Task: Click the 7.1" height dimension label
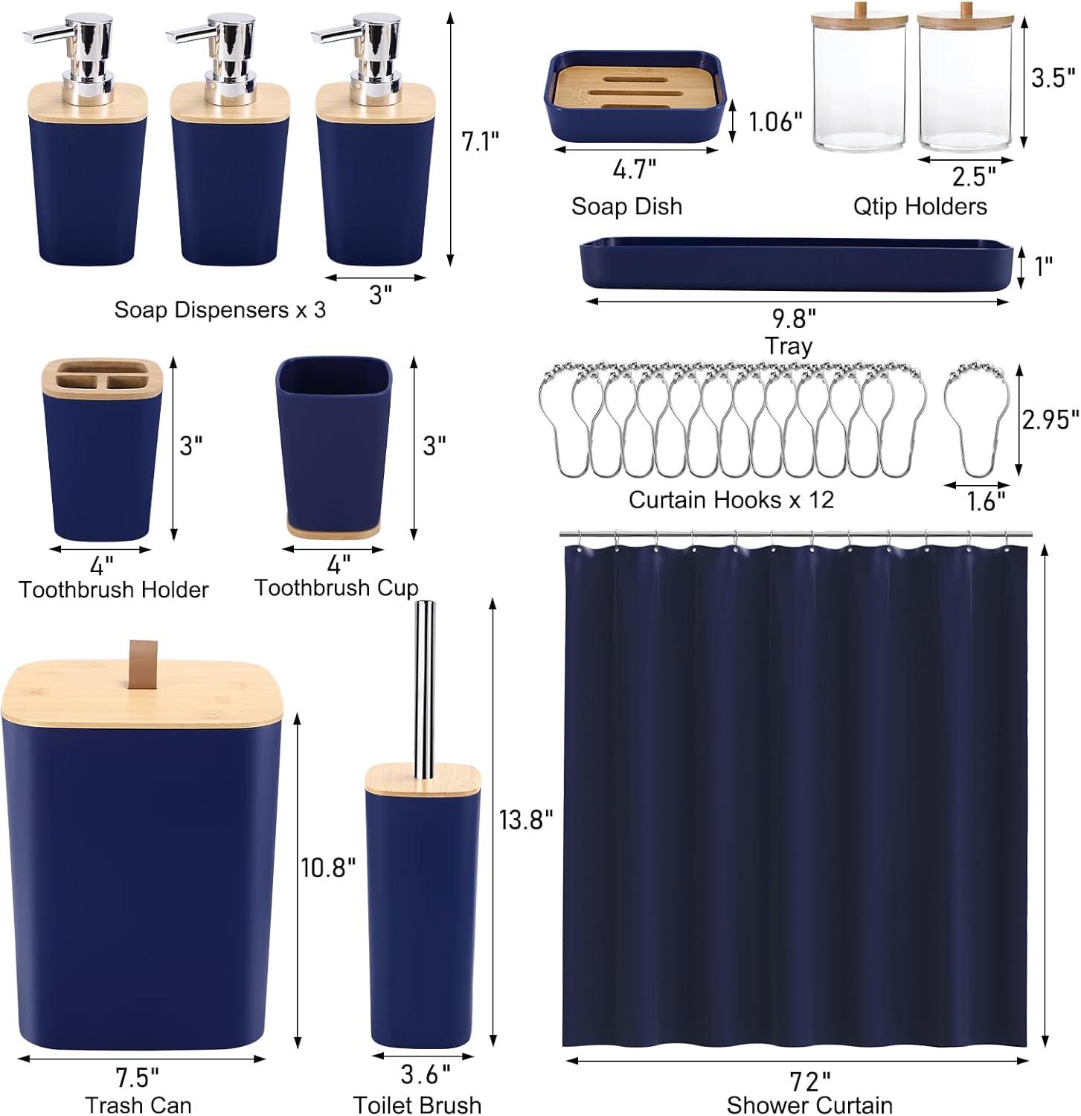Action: click(480, 141)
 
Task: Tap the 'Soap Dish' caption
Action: click(626, 206)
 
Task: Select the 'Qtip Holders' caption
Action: click(920, 206)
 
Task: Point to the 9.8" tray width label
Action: click(794, 318)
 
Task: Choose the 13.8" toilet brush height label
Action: click(526, 819)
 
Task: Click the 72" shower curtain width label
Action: click(810, 1080)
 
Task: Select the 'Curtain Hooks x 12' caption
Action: click(731, 499)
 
